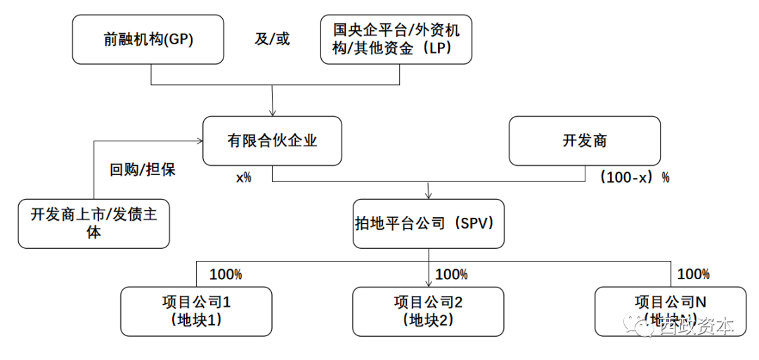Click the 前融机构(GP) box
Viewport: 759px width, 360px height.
(148, 40)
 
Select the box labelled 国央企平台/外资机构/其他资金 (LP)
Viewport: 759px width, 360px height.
(396, 40)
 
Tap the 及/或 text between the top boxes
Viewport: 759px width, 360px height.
(272, 39)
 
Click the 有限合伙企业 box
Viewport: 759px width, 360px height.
(271, 141)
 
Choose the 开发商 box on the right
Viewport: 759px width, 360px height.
(584, 141)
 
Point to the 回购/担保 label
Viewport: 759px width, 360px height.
(143, 169)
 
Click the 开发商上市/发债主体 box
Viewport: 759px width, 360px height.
(93, 224)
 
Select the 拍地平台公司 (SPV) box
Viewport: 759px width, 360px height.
(428, 224)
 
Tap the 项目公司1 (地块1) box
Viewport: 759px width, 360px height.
(196, 311)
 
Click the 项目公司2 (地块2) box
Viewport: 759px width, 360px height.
(428, 311)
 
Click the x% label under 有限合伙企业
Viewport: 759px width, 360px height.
(243, 178)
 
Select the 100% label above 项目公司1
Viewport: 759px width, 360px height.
(226, 274)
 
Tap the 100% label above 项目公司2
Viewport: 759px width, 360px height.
(451, 274)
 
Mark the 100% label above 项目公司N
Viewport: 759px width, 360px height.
(693, 274)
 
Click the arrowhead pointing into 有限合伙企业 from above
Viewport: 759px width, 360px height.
(272, 111)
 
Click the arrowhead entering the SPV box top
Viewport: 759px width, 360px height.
(428, 195)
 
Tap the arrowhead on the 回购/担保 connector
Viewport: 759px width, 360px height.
(198, 141)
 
